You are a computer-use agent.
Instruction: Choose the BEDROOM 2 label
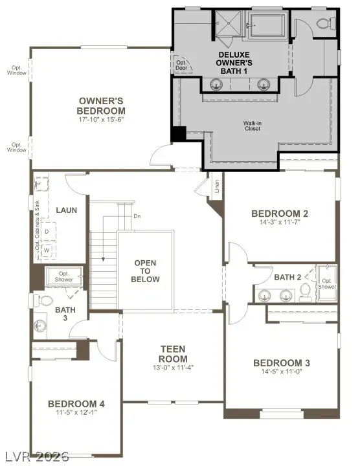(280, 214)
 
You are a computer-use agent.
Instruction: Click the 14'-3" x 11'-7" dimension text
(280, 223)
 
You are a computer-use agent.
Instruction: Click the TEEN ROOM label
(174, 354)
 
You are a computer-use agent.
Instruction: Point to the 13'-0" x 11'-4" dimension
(174, 368)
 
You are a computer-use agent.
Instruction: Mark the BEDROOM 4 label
(76, 404)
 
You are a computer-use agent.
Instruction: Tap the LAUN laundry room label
(67, 210)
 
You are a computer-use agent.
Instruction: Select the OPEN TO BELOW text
(146, 271)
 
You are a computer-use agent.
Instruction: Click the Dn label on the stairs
(137, 216)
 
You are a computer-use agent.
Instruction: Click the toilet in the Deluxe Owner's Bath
(323, 23)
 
